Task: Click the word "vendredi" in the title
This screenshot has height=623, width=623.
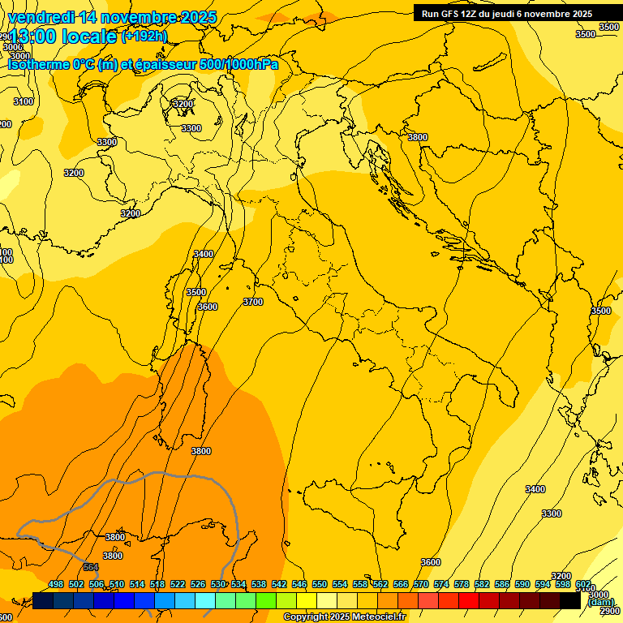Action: (40, 17)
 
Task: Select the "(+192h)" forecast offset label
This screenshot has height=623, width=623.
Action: (144, 37)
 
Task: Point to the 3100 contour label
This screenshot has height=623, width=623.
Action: (24, 101)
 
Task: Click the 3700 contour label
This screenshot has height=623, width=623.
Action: (253, 302)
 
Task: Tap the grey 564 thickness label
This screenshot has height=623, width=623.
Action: (91, 567)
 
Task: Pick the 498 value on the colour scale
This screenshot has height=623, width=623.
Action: (56, 584)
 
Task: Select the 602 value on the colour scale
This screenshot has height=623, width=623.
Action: (583, 584)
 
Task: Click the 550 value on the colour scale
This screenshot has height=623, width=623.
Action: (320, 584)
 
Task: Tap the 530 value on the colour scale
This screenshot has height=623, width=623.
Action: (218, 584)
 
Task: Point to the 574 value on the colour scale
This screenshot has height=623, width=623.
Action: (441, 584)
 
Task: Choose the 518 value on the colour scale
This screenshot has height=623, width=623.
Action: (157, 584)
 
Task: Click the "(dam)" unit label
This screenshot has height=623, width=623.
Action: (601, 602)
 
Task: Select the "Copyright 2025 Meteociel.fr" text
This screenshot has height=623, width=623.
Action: (345, 617)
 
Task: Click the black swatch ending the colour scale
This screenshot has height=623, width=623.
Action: (570, 600)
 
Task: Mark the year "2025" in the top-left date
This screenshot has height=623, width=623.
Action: (197, 17)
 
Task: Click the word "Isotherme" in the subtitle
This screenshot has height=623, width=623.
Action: (37, 65)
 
